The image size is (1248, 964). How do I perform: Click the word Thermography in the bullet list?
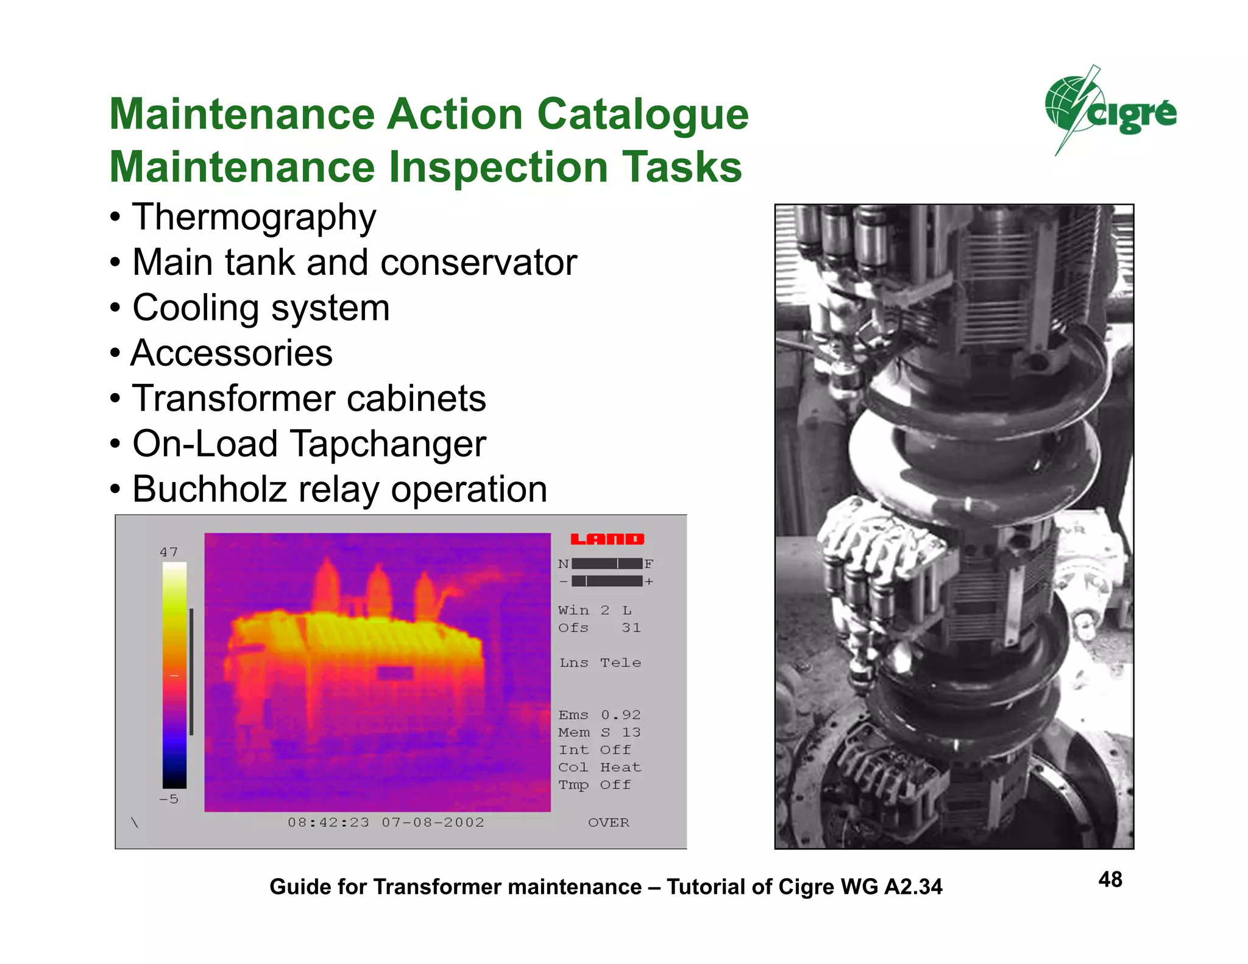(x=254, y=218)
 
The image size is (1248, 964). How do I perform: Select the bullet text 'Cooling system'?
(x=261, y=308)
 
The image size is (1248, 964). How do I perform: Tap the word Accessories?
(x=232, y=353)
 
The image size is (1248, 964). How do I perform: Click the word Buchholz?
(x=209, y=489)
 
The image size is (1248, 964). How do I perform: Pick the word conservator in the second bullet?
(x=478, y=263)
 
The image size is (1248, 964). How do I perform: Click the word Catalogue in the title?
(x=643, y=114)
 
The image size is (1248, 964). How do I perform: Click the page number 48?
(x=1110, y=879)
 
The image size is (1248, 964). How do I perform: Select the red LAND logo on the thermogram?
(x=607, y=539)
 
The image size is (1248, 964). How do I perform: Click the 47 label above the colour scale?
(x=169, y=552)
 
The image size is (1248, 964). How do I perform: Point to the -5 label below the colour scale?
(x=169, y=799)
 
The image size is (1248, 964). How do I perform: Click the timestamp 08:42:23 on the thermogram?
(x=328, y=823)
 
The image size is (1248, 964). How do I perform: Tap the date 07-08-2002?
(x=433, y=823)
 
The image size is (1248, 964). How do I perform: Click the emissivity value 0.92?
(x=620, y=715)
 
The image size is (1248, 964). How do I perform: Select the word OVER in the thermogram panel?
(x=608, y=823)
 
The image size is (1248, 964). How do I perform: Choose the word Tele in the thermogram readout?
(x=620, y=663)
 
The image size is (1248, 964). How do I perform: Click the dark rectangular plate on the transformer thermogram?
(x=395, y=673)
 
